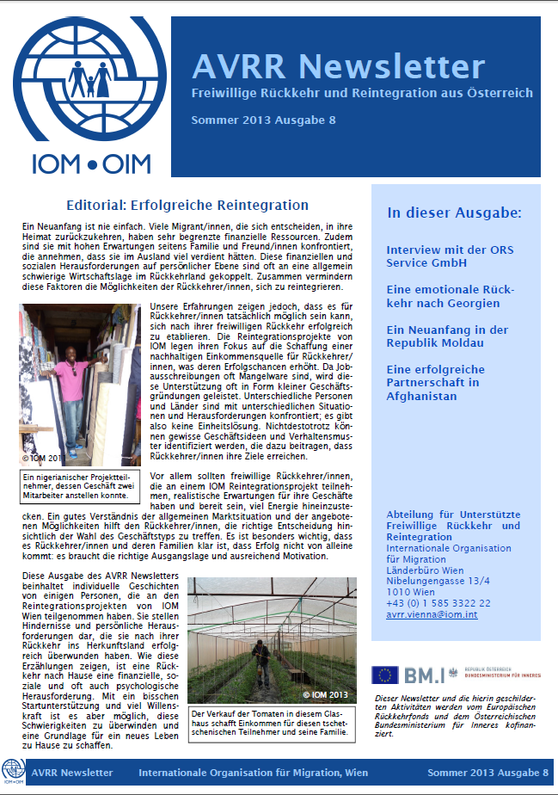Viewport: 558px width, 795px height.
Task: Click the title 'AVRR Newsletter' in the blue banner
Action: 338,65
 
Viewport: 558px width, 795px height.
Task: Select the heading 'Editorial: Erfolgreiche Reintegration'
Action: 187,205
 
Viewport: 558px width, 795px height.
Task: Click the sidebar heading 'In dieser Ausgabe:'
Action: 454,213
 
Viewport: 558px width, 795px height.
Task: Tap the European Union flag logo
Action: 383,675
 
